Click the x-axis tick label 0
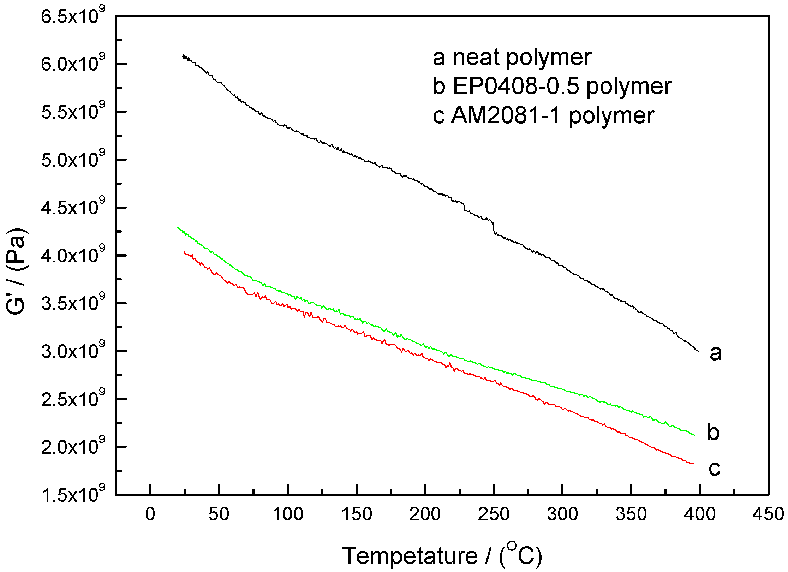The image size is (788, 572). click(150, 514)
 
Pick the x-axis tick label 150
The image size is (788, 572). click(357, 514)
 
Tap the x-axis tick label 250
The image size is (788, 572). click(494, 514)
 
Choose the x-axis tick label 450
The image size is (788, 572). click(768, 514)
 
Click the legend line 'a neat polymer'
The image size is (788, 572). click(512, 57)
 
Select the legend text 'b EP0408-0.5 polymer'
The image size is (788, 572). click(552, 86)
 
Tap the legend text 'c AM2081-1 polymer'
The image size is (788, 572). click(544, 115)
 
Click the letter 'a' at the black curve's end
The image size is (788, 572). click(716, 353)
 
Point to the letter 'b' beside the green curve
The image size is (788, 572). click(713, 432)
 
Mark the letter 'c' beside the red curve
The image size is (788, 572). click(714, 468)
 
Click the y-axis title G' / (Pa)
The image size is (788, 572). click(16, 271)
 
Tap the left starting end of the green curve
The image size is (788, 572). click(178, 228)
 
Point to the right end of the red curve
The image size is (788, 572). click(693, 464)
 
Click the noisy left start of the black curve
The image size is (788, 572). click(183, 56)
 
